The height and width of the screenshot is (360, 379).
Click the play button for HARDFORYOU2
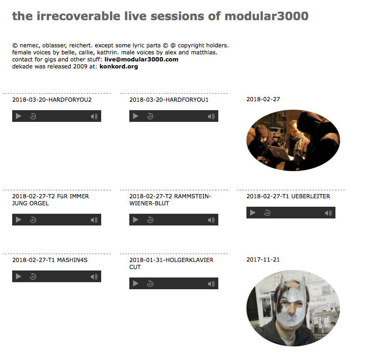(19, 116)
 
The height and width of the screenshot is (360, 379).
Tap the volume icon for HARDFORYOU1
(211, 117)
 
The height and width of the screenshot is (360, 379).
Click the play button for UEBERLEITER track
(253, 213)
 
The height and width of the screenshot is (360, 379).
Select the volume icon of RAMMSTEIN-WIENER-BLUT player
(211, 220)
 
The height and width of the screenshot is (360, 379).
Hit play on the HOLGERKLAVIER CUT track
(136, 283)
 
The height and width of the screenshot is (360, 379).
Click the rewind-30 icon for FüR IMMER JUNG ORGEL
(33, 220)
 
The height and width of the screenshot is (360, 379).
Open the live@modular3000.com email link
(141, 60)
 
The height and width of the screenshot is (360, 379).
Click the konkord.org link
(119, 67)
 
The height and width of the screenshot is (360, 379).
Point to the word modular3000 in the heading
(267, 16)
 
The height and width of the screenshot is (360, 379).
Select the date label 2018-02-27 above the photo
(263, 99)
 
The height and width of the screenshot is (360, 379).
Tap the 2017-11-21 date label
(263, 260)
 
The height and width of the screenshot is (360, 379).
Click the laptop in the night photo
(280, 152)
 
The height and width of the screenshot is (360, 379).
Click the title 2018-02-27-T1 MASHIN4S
(50, 260)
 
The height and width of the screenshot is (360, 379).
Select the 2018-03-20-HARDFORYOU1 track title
(169, 100)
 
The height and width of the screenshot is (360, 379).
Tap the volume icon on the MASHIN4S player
(94, 277)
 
